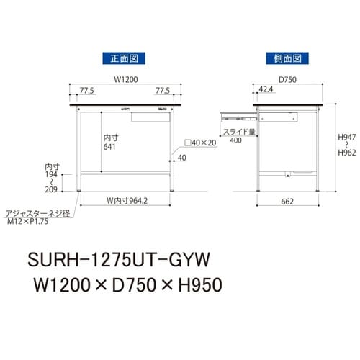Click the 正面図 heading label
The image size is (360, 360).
(124, 57)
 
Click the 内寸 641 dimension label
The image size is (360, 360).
(109, 141)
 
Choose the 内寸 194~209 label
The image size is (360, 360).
(51, 179)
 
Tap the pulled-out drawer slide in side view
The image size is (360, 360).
(237, 113)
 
